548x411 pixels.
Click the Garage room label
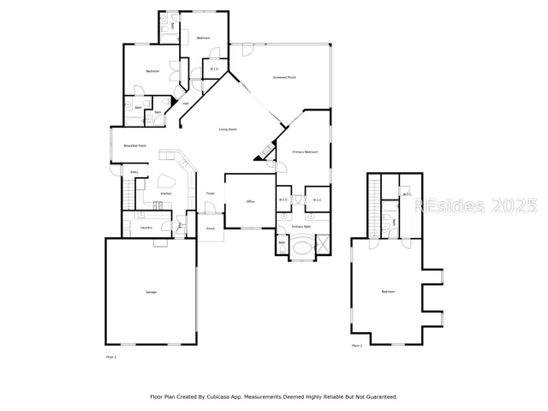click(151, 293)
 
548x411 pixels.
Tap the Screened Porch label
click(284, 77)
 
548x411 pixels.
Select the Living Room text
click(228, 129)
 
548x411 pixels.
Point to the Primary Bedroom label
click(306, 152)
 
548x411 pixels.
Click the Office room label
click(251, 201)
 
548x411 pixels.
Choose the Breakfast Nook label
click(135, 146)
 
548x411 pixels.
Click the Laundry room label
click(146, 227)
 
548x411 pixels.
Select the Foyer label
click(211, 194)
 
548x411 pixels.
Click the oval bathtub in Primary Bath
click(304, 248)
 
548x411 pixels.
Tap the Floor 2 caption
click(356, 346)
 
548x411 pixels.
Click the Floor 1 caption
click(110, 356)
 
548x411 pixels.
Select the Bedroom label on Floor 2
click(388, 293)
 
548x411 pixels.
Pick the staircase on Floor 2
click(374, 205)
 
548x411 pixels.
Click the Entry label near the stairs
click(134, 172)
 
